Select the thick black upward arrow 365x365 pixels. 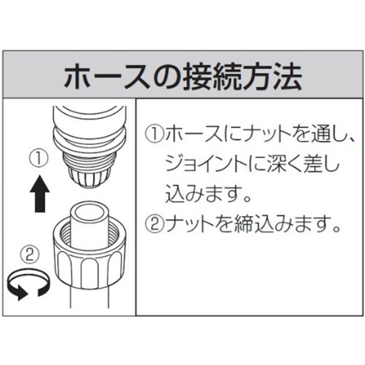tap(40, 193)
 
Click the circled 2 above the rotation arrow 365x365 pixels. tap(29, 255)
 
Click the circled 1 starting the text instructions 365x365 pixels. tap(154, 133)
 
